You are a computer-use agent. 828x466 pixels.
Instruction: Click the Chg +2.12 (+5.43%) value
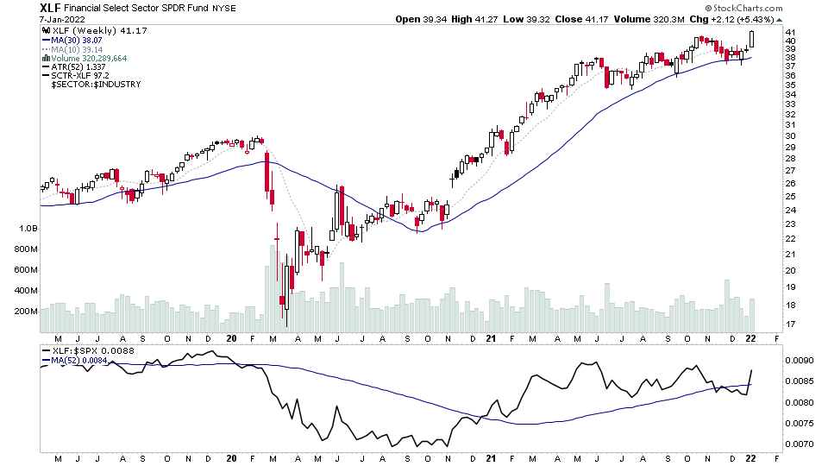point(738,19)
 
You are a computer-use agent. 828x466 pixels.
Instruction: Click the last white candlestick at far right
point(752,39)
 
